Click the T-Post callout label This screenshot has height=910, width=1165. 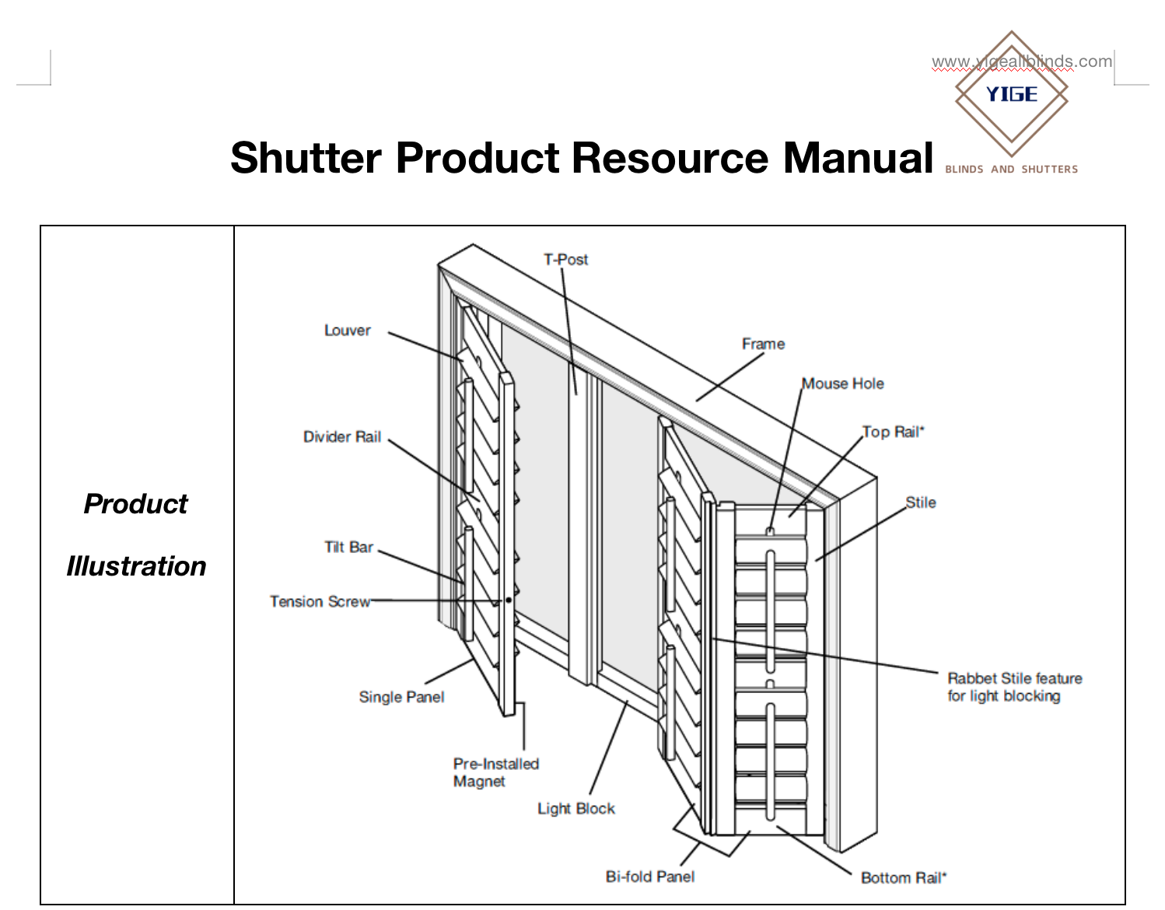pos(565,260)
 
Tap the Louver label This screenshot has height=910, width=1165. pos(347,331)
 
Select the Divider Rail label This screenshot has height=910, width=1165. pos(342,437)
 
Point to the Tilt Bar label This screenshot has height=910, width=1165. pos(348,548)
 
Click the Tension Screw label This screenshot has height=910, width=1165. pos(320,602)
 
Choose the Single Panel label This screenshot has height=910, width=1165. pos(401,697)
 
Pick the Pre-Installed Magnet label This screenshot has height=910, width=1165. pos(495,772)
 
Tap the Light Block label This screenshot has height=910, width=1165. pos(576,809)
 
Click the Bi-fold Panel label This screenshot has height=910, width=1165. pos(650,877)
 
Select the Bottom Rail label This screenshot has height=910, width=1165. pos(904,878)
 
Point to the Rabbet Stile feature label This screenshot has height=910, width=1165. pos(1014,687)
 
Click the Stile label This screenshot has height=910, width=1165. pos(921,503)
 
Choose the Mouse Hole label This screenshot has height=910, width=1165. pos(843,383)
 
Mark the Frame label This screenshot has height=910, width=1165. pos(763,344)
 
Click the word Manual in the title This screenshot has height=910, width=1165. pos(858,158)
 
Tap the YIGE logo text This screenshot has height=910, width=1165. pos(1012,95)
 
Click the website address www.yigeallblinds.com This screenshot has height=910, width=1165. pos(1022,61)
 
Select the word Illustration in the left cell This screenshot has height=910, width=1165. pos(136,566)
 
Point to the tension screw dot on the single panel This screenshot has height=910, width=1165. pos(509,600)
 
